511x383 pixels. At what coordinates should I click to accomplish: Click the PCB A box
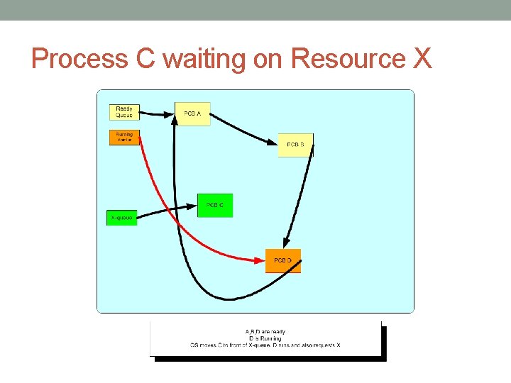pyautogui.click(x=192, y=113)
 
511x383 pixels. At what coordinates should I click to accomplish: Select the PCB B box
pyautogui.click(x=295, y=145)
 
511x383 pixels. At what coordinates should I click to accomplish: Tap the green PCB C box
pyautogui.click(x=215, y=205)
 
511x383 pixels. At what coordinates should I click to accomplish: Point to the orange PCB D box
pyautogui.click(x=282, y=261)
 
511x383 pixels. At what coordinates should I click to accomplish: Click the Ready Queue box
pyautogui.click(x=124, y=112)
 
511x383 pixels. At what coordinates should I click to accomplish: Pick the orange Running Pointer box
pyautogui.click(x=124, y=137)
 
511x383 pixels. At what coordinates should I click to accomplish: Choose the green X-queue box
pyautogui.click(x=121, y=218)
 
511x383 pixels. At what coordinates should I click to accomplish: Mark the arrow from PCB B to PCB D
pyautogui.click(x=302, y=199)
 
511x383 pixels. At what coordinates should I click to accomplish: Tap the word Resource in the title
pyautogui.click(x=348, y=59)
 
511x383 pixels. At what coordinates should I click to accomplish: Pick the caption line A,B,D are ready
pyautogui.click(x=265, y=332)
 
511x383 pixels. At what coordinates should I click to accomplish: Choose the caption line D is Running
pyautogui.click(x=265, y=338)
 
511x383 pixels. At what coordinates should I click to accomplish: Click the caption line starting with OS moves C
pyautogui.click(x=265, y=345)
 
